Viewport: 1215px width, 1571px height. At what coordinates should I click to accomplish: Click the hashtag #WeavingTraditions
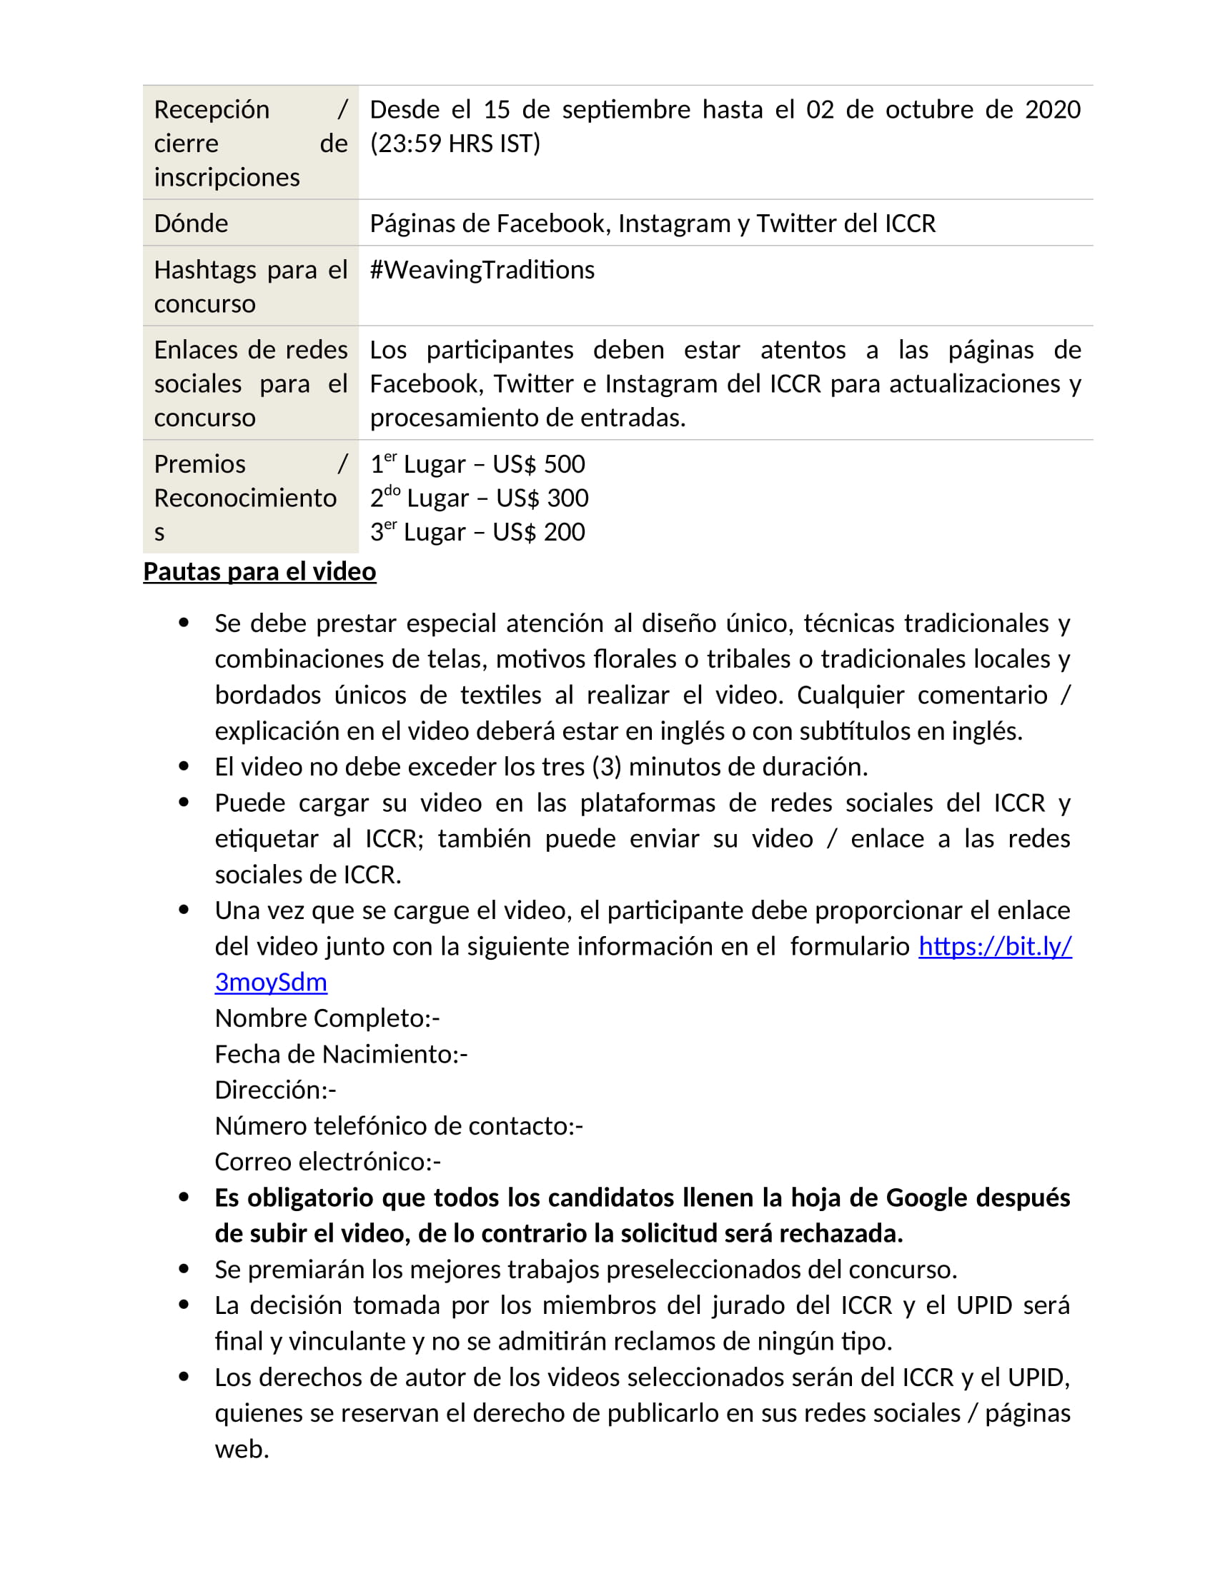coord(482,271)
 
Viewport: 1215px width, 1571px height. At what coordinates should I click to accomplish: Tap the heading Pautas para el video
coord(259,572)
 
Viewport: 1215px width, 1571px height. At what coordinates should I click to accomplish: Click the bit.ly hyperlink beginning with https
coord(995,947)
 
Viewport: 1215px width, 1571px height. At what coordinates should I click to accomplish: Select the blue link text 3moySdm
coord(271,983)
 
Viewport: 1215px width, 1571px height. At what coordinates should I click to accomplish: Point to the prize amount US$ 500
coord(538,465)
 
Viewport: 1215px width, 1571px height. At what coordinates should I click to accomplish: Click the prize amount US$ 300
coord(542,498)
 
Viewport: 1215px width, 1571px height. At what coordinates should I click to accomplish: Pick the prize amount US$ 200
coord(538,532)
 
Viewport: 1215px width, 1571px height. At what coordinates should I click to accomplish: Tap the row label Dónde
coord(191,224)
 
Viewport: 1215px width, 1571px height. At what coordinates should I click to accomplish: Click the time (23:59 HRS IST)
coord(455,144)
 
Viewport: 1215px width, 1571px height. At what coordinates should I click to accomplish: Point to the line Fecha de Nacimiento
coord(340,1055)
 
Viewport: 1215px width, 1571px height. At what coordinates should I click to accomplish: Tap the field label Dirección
coord(275,1090)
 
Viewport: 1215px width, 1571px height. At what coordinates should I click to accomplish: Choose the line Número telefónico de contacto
coord(399,1126)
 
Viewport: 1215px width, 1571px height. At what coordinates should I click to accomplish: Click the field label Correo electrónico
coord(327,1163)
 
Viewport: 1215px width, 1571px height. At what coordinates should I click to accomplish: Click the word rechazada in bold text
coord(840,1235)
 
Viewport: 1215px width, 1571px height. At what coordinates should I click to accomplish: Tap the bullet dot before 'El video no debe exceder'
coord(184,767)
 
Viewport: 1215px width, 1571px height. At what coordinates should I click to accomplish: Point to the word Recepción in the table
coord(212,110)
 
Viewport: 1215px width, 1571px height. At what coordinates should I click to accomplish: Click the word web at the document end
coord(241,1450)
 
